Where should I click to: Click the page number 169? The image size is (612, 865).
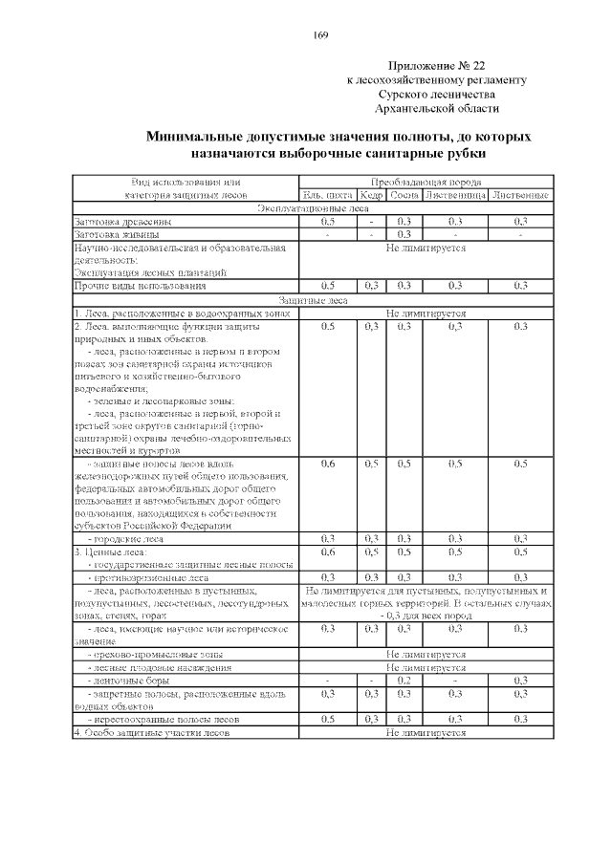[320, 35]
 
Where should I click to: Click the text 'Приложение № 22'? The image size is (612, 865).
[437, 66]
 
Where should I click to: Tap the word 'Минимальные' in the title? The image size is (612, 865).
[196, 137]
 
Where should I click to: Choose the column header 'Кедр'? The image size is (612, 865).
[372, 196]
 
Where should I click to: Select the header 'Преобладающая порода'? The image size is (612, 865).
[426, 182]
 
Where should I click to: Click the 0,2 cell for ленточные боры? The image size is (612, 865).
[404, 680]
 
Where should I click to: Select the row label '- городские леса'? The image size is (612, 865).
[125, 539]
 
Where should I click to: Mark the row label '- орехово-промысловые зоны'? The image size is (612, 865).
[154, 654]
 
